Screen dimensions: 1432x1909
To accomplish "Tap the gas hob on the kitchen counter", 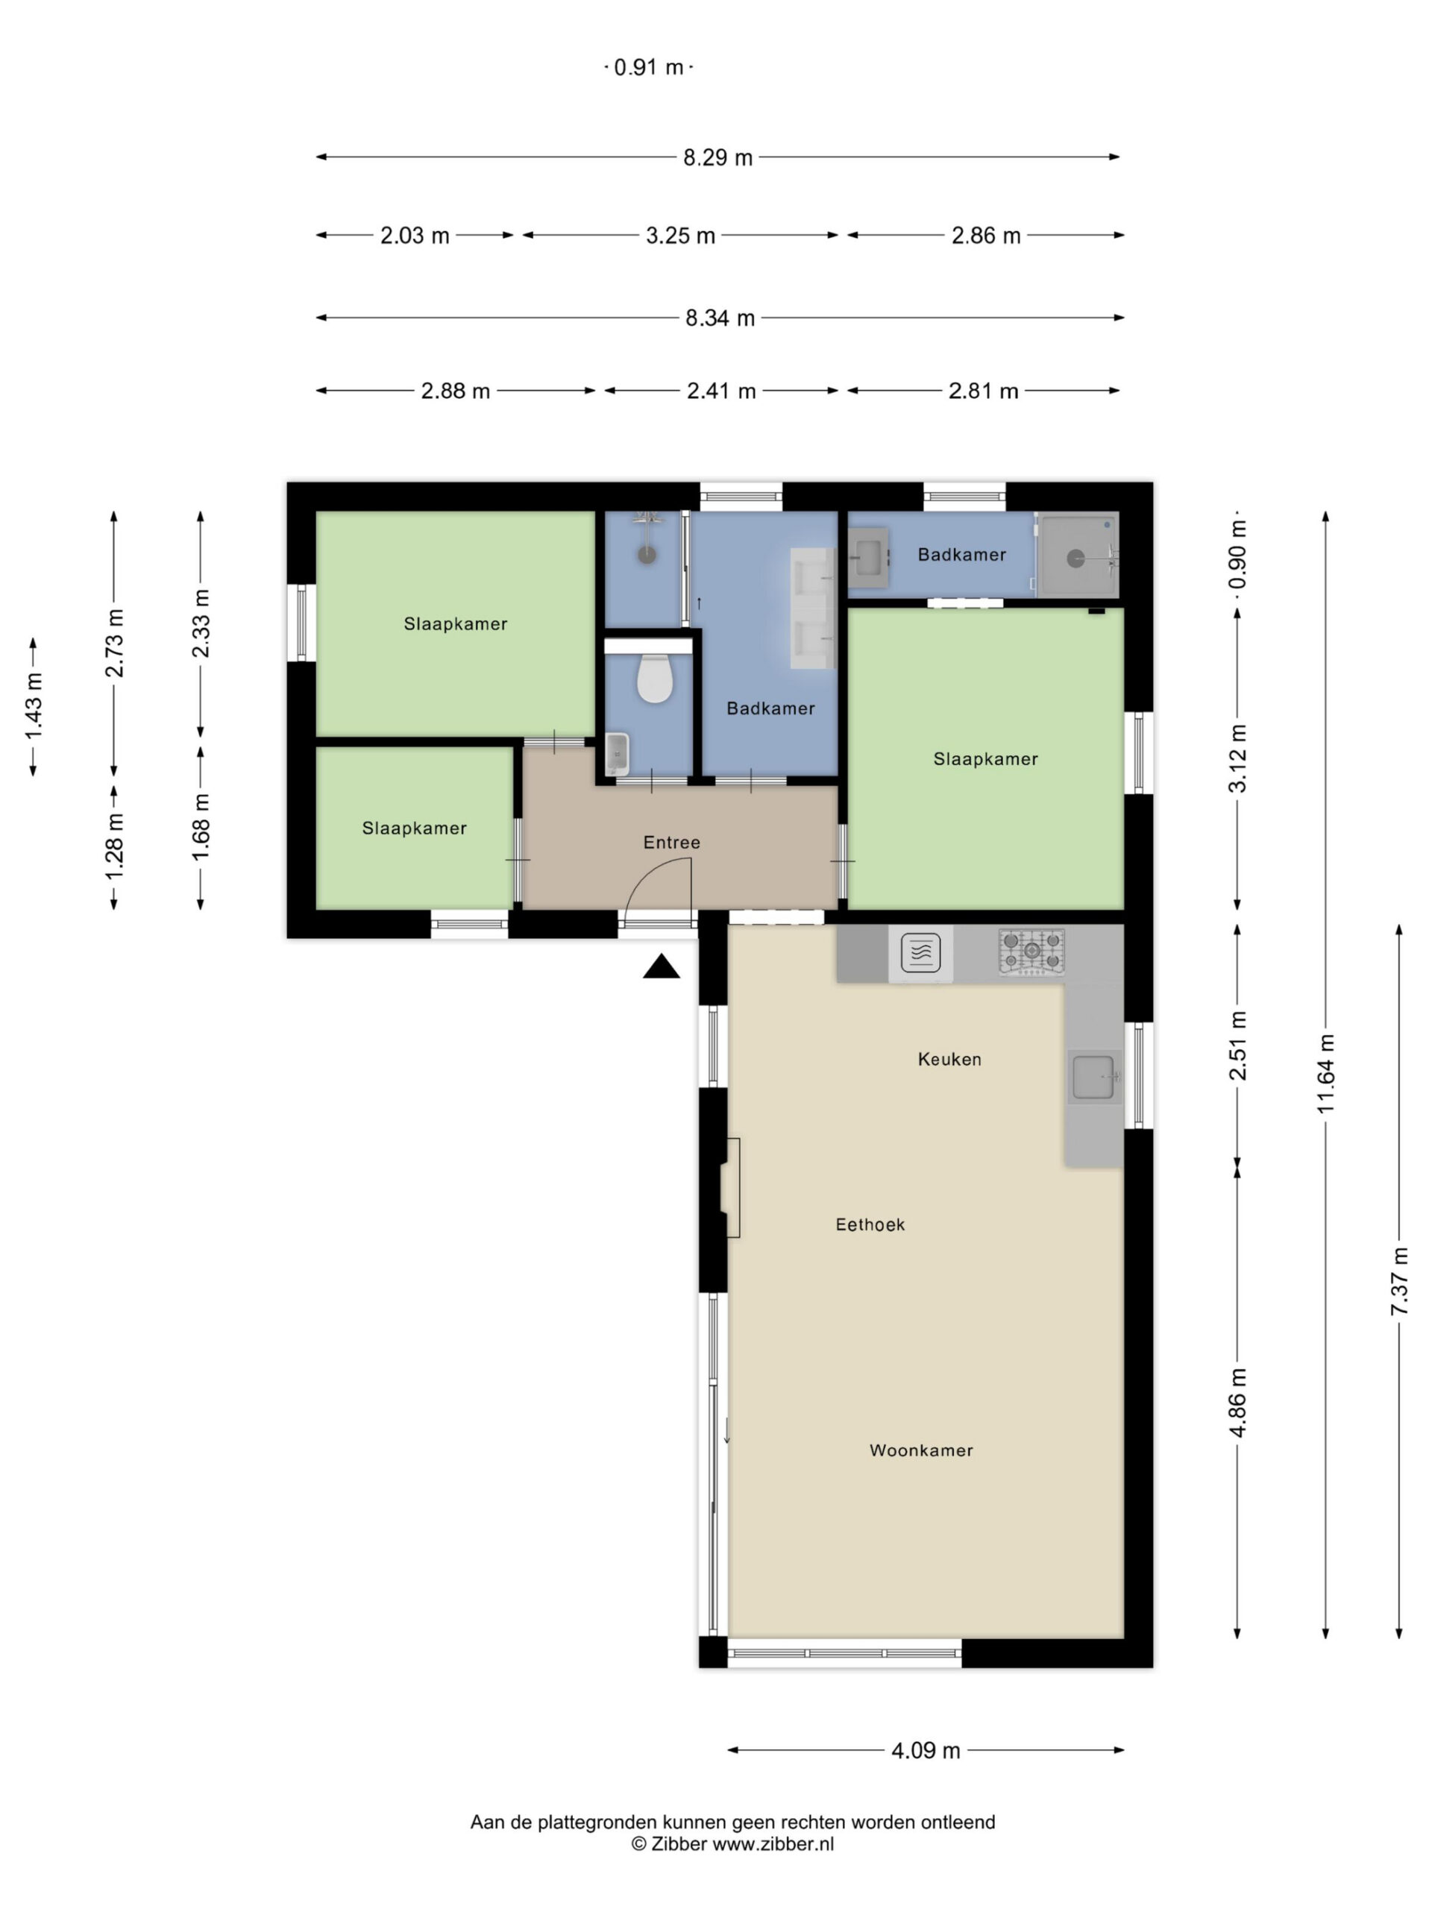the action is (x=1031, y=952).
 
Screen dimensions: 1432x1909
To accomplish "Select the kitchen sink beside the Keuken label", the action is (x=1094, y=1077).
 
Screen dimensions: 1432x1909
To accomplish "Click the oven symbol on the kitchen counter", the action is (x=920, y=953).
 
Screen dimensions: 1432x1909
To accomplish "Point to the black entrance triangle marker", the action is (x=662, y=967).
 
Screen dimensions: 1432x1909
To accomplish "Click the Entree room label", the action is (x=671, y=843).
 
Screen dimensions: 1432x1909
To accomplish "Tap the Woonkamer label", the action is (x=921, y=1450).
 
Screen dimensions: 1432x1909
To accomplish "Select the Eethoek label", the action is (x=870, y=1224).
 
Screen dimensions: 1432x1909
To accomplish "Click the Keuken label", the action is (x=949, y=1059).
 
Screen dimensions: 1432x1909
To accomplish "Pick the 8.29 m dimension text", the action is (x=718, y=157).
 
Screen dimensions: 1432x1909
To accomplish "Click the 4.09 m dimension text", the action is (x=926, y=1750).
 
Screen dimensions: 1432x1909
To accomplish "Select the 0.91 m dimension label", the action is (x=648, y=67).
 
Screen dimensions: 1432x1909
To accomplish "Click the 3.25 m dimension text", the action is (x=680, y=235).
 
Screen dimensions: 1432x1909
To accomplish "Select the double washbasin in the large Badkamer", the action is (x=813, y=608).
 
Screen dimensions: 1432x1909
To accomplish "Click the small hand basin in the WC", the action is (x=616, y=753).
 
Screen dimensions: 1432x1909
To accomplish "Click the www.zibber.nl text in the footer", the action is (x=773, y=1844).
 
